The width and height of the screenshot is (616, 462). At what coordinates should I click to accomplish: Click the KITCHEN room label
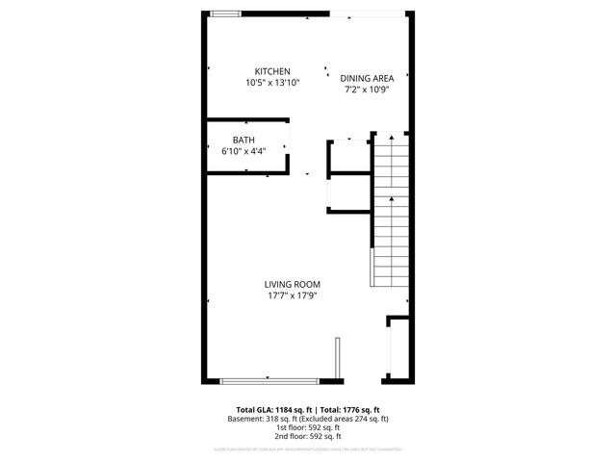tap(272, 72)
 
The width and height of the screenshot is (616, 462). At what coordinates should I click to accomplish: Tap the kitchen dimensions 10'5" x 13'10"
tap(272, 84)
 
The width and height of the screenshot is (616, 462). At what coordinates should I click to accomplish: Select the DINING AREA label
tap(366, 78)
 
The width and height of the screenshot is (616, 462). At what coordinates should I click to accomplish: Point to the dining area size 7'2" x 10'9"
tap(366, 90)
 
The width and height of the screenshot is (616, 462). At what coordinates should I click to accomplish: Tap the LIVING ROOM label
tap(293, 284)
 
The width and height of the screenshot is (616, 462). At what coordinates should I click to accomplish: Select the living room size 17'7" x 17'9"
tap(293, 295)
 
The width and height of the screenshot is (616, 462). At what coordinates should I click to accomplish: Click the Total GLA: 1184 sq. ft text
tap(273, 410)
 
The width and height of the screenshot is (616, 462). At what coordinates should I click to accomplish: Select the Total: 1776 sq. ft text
tap(349, 410)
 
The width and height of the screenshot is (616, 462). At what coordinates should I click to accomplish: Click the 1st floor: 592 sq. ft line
tap(308, 427)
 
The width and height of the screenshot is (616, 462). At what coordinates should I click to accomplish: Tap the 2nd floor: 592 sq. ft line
tap(308, 436)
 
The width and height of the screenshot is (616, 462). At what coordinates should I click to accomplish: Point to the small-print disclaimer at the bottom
tap(308, 449)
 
